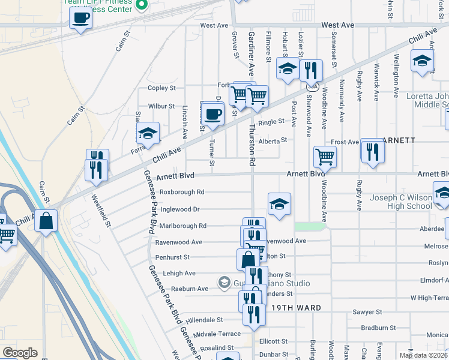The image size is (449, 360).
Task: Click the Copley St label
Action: (161, 88)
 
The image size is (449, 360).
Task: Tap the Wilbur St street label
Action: (161, 106)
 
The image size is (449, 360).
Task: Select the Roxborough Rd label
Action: (182, 192)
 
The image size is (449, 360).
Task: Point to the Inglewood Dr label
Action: (179, 209)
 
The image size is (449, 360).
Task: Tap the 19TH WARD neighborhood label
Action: (294, 308)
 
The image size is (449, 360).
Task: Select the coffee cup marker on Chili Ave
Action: (212, 112)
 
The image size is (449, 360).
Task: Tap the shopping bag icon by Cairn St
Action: (46, 221)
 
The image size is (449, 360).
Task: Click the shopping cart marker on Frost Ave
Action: (325, 157)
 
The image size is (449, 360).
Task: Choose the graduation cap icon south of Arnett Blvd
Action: (279, 204)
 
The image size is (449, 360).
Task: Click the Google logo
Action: (20, 353)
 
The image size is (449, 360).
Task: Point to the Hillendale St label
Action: (204, 320)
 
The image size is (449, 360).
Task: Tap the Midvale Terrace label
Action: (217, 334)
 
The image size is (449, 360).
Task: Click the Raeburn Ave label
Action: (190, 289)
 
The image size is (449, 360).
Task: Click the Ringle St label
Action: (271, 122)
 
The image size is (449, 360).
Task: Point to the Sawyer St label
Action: (371, 312)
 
